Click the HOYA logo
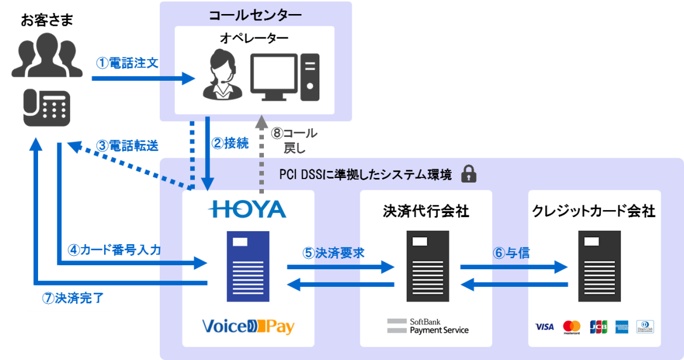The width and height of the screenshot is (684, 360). pyautogui.click(x=247, y=210)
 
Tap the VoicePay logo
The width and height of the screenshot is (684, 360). pyautogui.click(x=248, y=327)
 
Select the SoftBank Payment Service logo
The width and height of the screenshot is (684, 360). pyautogui.click(x=428, y=327)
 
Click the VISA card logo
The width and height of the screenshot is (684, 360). pyautogui.click(x=544, y=327)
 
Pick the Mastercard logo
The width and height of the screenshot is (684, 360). pyautogui.click(x=572, y=327)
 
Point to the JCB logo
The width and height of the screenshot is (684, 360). pyautogui.click(x=599, y=327)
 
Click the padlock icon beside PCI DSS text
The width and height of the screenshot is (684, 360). pyautogui.click(x=469, y=174)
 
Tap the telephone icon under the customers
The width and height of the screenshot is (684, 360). pyautogui.click(x=47, y=108)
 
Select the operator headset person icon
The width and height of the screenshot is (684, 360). pyautogui.click(x=223, y=76)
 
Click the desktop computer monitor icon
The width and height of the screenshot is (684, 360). pyautogui.click(x=274, y=77)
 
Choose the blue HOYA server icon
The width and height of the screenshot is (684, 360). pyautogui.click(x=248, y=266)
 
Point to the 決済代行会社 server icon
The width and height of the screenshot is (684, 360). pyautogui.click(x=428, y=266)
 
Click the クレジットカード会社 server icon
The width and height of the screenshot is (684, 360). pyautogui.click(x=599, y=266)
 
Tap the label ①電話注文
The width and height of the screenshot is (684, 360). pyautogui.click(x=127, y=63)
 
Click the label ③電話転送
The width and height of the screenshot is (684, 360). pyautogui.click(x=127, y=146)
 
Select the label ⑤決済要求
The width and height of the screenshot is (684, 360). pyautogui.click(x=334, y=253)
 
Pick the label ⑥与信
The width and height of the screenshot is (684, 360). pyautogui.click(x=511, y=253)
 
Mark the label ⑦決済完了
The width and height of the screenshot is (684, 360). pyautogui.click(x=73, y=299)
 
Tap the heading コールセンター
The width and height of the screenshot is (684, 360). pyautogui.click(x=255, y=15)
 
